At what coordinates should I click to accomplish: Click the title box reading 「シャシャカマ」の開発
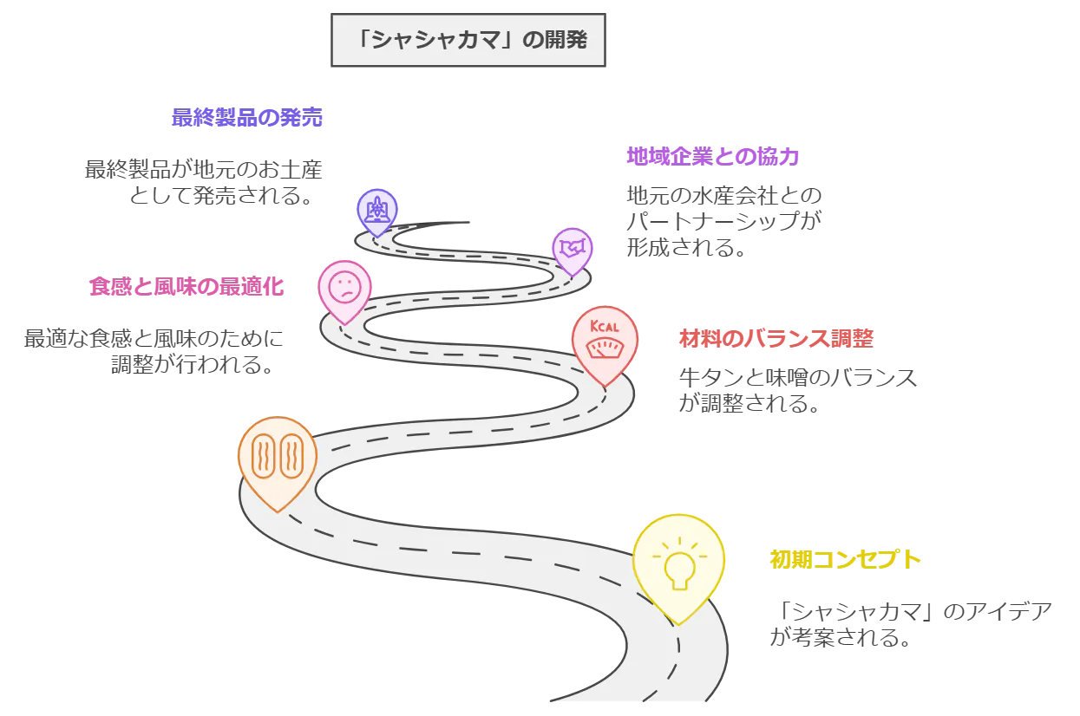pos(468,39)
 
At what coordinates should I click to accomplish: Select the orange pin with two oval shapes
pos(277,459)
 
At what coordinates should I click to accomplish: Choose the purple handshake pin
pos(573,249)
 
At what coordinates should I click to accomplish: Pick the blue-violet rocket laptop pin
pos(377,209)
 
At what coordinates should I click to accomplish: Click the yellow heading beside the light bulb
pos(845,559)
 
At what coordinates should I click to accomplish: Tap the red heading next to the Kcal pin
pos(774,339)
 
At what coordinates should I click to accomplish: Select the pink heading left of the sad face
pos(187,287)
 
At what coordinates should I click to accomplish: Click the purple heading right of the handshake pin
pos(713,156)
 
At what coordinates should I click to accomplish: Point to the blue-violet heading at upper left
pos(247,118)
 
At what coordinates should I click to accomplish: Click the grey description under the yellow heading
pos(911,626)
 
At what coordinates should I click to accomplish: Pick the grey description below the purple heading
pos(724,218)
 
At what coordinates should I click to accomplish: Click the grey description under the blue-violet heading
pos(206,182)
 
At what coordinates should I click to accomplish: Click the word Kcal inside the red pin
pos(605,327)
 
